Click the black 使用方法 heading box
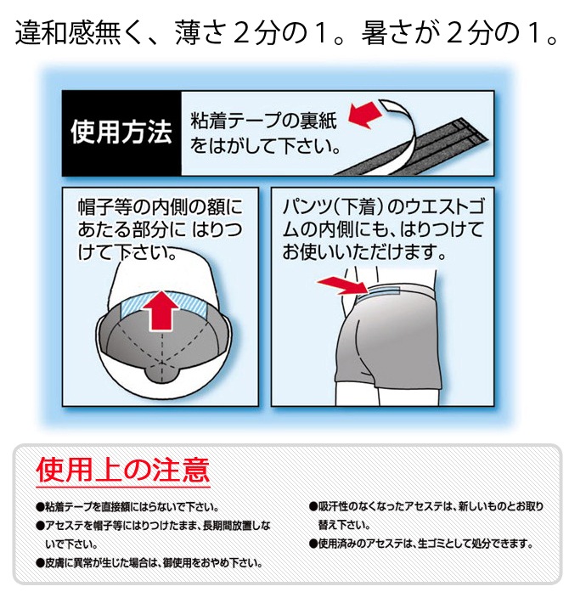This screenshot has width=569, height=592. coord(121,133)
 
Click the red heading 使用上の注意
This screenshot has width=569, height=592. coord(122,470)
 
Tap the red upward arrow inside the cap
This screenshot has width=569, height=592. coord(162,310)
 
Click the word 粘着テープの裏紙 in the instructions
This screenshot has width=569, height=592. coord(263,121)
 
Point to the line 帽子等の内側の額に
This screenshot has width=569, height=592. coord(161,207)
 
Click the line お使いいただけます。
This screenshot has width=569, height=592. coord(364,252)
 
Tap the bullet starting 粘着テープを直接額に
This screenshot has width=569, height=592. coord(127,507)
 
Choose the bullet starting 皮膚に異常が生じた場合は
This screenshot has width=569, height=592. coord(149,563)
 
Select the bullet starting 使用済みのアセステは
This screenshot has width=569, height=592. coord(421,544)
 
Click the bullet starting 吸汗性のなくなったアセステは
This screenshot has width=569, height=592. coord(426,516)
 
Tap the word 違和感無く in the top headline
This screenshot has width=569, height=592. coord(69,33)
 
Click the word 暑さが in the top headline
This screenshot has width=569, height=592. coord(401,33)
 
